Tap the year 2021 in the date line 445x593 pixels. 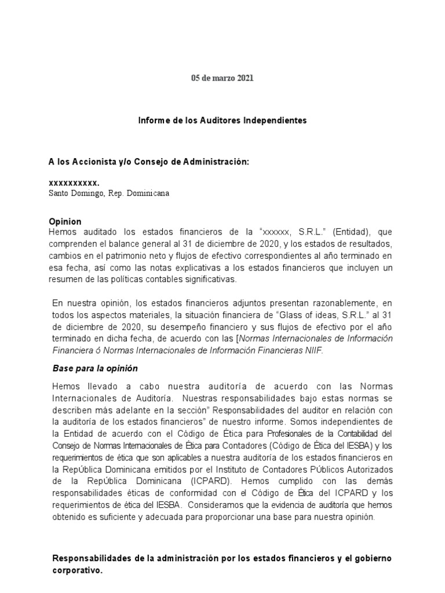(244, 78)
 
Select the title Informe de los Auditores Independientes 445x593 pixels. (222, 120)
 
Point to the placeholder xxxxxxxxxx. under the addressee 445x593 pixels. (74, 182)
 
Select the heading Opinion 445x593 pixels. (65, 222)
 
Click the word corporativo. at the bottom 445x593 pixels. (78, 570)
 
